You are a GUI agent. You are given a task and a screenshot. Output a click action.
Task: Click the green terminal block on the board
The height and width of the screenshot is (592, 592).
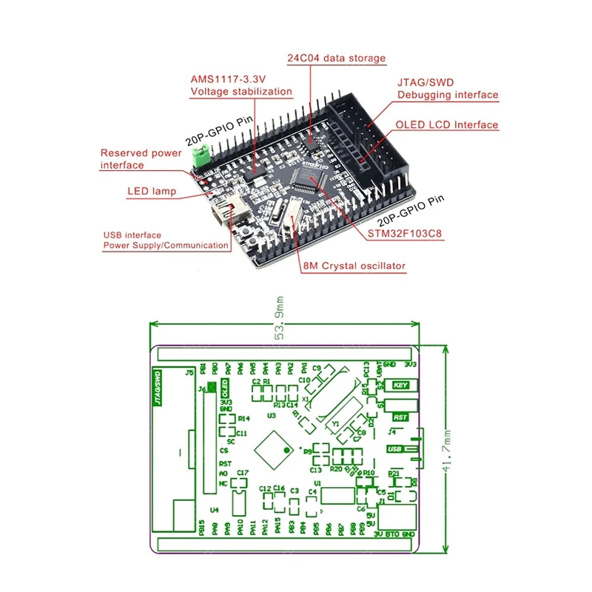coord(198,156)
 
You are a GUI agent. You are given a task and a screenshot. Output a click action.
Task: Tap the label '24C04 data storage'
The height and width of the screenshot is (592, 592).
coord(336,58)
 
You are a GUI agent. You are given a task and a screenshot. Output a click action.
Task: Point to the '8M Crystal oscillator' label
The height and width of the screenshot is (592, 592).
coord(354,266)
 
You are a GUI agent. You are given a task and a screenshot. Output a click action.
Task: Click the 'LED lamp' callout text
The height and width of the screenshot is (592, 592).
coord(151,192)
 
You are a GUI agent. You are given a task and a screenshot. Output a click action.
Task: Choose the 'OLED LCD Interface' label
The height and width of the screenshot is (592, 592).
coord(446,124)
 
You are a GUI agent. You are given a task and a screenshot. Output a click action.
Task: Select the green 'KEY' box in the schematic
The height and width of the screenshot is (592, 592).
coord(402,385)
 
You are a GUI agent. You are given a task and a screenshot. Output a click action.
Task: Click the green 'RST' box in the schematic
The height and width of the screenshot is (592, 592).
coord(400,417)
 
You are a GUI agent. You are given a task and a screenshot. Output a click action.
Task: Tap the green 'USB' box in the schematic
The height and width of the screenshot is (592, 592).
coord(394,449)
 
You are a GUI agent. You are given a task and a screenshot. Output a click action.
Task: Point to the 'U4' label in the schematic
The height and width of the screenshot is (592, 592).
coord(215,510)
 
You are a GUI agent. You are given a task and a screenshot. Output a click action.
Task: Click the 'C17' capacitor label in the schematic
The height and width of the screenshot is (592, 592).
coord(243,472)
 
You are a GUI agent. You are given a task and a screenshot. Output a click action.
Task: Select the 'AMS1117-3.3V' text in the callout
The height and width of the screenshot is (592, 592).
coord(229,79)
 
